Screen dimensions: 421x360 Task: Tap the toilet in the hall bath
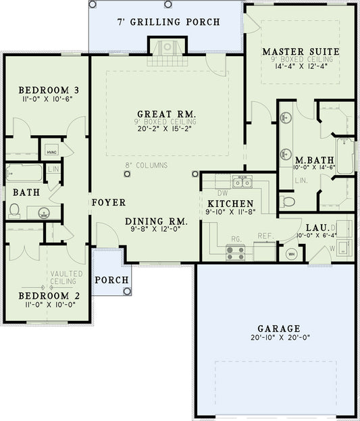(x=14, y=212)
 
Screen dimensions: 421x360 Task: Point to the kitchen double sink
(x=241, y=182)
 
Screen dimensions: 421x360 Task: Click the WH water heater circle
(x=292, y=254)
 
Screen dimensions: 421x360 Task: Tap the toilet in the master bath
(x=288, y=201)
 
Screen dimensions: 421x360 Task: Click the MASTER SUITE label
(x=301, y=51)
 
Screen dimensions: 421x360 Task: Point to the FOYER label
(x=107, y=202)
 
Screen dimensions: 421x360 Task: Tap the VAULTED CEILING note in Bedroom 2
(x=66, y=278)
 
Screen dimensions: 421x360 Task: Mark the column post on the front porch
(x=128, y=291)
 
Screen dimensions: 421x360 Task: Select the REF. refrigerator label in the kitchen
(x=263, y=237)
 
